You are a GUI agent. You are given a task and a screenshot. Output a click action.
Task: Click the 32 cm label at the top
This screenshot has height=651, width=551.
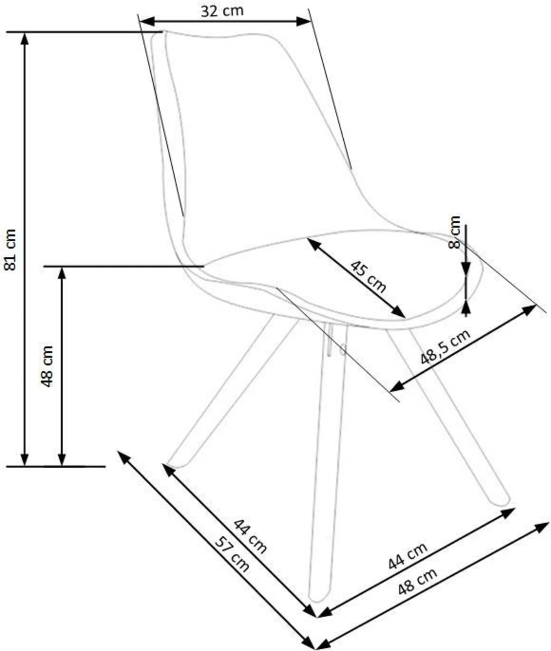(222, 11)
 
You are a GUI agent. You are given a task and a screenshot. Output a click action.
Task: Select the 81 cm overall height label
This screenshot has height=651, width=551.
(9, 249)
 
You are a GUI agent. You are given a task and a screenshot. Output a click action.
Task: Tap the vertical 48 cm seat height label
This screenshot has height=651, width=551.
(47, 366)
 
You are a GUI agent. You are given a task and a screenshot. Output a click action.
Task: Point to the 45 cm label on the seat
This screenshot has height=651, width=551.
(368, 276)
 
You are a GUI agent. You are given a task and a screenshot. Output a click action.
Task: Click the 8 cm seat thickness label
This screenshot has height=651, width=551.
(454, 232)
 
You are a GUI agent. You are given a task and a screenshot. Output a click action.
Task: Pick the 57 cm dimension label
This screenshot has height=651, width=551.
(232, 554)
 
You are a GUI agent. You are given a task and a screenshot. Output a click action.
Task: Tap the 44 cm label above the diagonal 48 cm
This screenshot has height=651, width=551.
(408, 556)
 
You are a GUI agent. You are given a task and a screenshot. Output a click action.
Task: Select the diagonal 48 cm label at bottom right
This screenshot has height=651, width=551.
(417, 581)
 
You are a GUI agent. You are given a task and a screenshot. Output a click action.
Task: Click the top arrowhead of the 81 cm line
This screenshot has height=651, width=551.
(25, 38)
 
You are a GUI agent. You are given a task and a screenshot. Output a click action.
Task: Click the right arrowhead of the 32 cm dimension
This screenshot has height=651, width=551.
(304, 22)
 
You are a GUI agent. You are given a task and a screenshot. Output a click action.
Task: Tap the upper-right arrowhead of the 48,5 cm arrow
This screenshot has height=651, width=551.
(529, 310)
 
